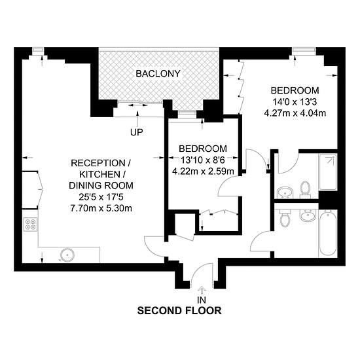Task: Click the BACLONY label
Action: (x=158, y=74)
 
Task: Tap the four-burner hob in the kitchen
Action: (x=30, y=224)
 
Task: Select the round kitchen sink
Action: (x=67, y=255)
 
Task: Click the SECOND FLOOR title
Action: (x=179, y=311)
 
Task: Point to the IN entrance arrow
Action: (x=202, y=290)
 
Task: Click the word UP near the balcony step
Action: (x=136, y=132)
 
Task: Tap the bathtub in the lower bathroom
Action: (x=328, y=233)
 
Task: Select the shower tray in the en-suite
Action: (x=328, y=172)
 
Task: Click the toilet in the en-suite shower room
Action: (x=306, y=190)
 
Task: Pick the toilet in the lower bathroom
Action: (x=285, y=218)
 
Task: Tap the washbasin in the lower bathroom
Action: (x=308, y=215)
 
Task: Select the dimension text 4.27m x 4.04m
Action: (x=295, y=113)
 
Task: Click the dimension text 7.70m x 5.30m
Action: (x=101, y=208)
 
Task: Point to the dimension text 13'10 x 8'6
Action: (x=203, y=160)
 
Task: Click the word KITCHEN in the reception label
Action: (x=99, y=175)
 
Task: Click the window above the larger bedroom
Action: (x=304, y=49)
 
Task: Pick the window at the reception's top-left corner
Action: (x=38, y=49)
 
